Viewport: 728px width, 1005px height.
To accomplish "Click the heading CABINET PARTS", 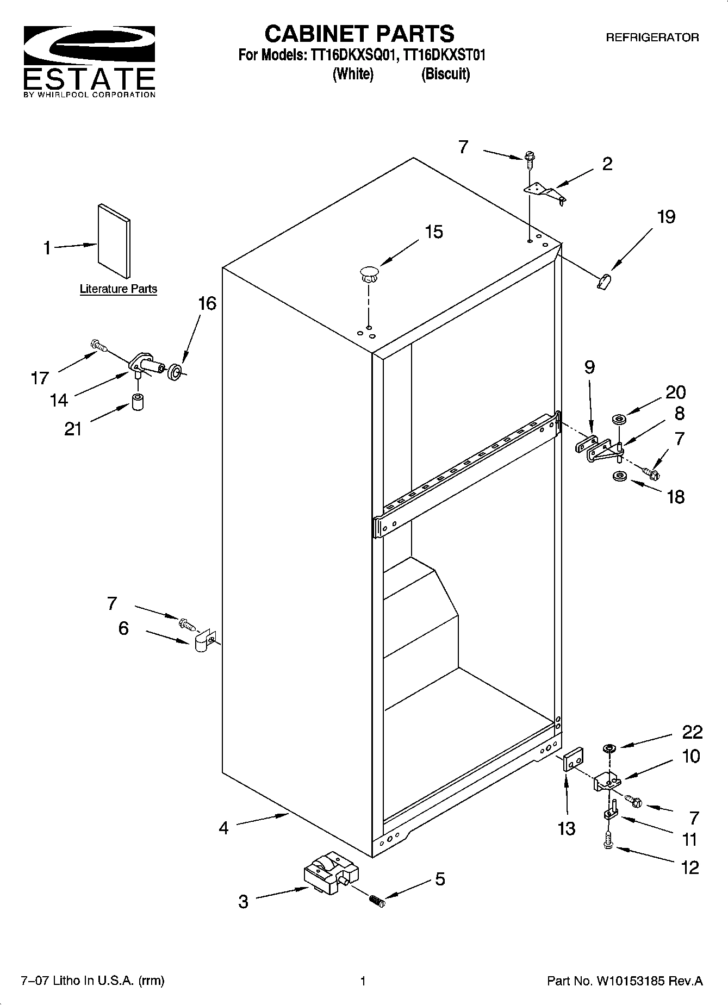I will pos(359,34).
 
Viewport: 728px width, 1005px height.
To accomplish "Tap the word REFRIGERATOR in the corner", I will pos(652,38).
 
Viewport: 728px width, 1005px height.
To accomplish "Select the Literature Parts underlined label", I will pos(118,289).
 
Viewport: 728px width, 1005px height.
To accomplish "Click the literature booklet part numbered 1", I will pos(114,241).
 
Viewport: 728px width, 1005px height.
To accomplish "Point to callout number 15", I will pos(433,232).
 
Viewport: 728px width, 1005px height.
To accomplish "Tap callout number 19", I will pos(665,217).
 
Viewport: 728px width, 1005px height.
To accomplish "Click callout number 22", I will pos(692,732).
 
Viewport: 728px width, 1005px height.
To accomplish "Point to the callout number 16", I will pos(207,303).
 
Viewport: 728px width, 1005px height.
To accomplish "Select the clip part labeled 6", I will pos(205,642).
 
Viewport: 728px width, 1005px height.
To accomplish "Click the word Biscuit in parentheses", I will pos(445,74).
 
